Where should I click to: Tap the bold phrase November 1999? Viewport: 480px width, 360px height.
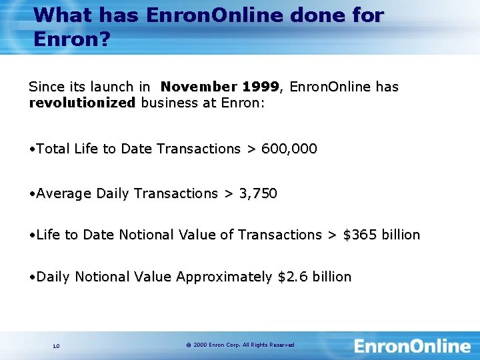[221, 87]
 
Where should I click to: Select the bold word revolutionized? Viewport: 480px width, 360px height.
[82, 103]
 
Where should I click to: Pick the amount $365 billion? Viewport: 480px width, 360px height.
[381, 235]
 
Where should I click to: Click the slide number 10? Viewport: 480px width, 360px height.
[56, 345]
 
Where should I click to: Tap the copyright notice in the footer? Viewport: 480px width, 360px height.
[240, 345]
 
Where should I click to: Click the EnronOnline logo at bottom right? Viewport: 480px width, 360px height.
[412, 346]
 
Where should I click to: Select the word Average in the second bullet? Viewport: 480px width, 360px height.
[64, 193]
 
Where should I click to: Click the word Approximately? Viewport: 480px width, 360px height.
[224, 277]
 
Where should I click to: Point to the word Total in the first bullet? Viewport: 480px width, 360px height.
[53, 149]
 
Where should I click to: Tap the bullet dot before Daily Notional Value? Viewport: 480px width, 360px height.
[32, 277]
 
